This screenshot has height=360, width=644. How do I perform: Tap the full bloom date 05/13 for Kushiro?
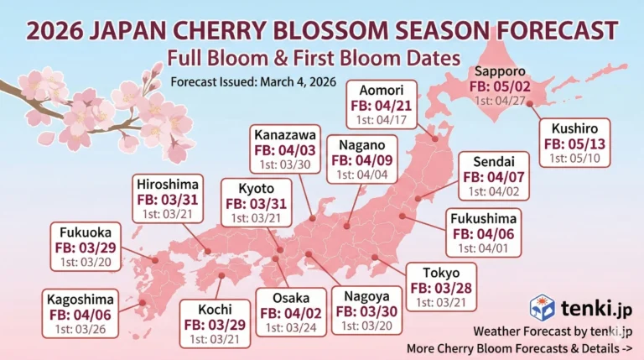pos(571,145)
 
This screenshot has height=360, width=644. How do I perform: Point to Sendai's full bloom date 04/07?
pos(493,177)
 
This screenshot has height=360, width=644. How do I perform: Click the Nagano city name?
pos(362,142)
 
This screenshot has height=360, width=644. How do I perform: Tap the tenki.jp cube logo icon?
pos(542,307)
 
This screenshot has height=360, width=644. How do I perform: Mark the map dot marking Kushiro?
pos(529,103)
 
